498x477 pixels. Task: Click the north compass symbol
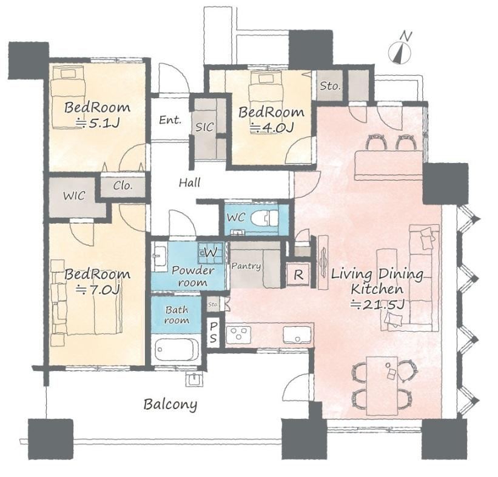tap(400, 48)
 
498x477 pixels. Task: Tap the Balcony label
tap(170, 405)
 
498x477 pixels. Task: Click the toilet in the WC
tap(264, 218)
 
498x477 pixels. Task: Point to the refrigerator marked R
tap(298, 275)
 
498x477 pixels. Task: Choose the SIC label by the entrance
tap(204, 127)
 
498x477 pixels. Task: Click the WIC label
tap(74, 196)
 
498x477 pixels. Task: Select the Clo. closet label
tap(123, 185)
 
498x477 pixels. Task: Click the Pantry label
tap(246, 266)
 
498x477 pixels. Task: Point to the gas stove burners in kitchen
tap(238, 335)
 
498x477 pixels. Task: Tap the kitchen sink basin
tap(297, 334)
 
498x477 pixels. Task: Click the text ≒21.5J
tap(377, 305)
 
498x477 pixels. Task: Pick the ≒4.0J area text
tap(272, 127)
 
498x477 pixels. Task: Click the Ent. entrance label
tap(170, 120)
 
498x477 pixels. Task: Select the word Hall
tap(190, 182)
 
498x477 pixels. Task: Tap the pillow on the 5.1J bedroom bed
tap(69, 73)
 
